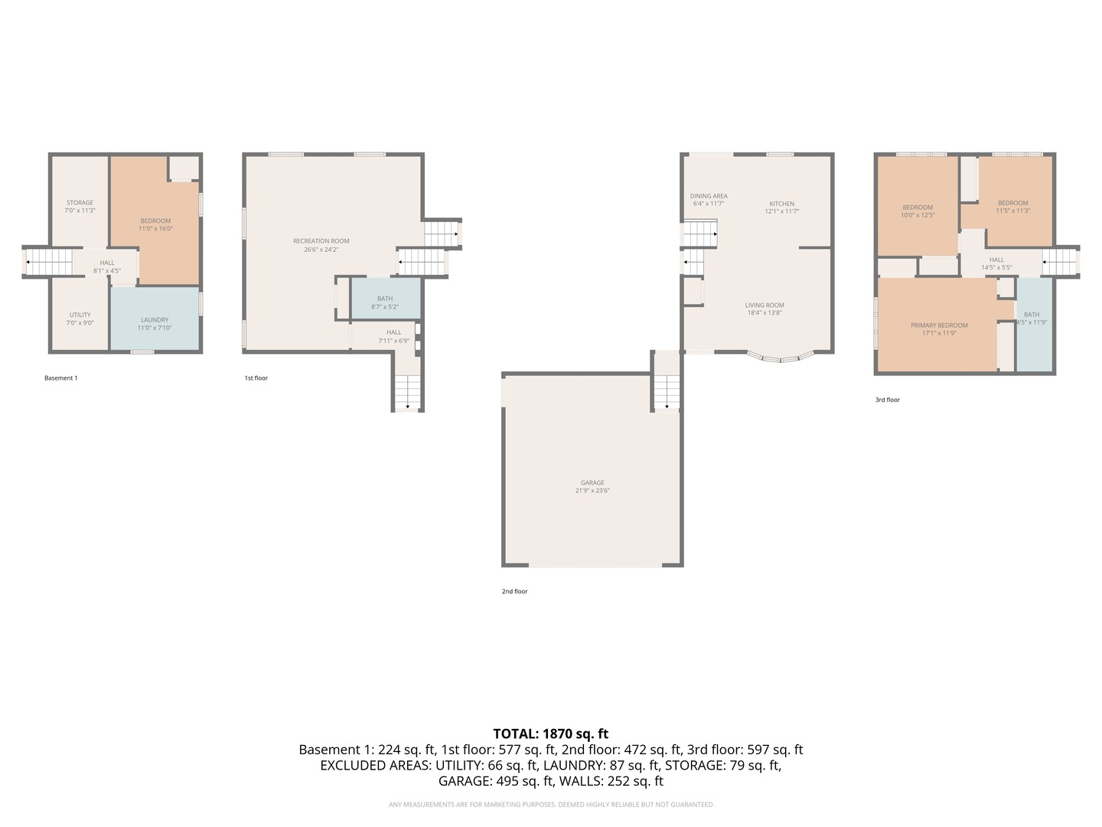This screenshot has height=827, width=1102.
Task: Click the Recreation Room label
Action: [x=321, y=241]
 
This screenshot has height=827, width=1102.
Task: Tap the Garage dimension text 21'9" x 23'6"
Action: [x=592, y=491]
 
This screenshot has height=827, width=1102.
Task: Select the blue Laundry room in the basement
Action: [x=155, y=318]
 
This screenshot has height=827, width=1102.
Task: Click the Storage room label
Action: [x=80, y=203]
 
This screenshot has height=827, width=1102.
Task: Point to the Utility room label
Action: [x=80, y=315]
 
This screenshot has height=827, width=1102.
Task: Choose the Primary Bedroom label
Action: [x=939, y=325]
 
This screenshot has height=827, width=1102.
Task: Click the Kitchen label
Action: [x=781, y=204]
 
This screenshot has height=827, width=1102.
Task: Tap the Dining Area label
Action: [x=709, y=196]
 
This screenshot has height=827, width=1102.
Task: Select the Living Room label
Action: [x=765, y=306]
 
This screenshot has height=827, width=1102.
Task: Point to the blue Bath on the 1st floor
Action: [x=385, y=299]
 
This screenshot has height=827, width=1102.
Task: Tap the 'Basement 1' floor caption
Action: [x=61, y=378]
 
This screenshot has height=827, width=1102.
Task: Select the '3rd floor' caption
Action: [x=888, y=400]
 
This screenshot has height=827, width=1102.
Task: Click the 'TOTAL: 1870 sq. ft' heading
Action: [x=550, y=734]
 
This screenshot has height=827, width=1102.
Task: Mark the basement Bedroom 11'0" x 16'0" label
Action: [x=155, y=221]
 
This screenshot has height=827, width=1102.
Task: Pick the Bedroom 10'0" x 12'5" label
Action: [x=918, y=208]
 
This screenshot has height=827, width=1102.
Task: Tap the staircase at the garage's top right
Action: [x=667, y=392]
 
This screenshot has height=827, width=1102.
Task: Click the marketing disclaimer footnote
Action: [x=550, y=805]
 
